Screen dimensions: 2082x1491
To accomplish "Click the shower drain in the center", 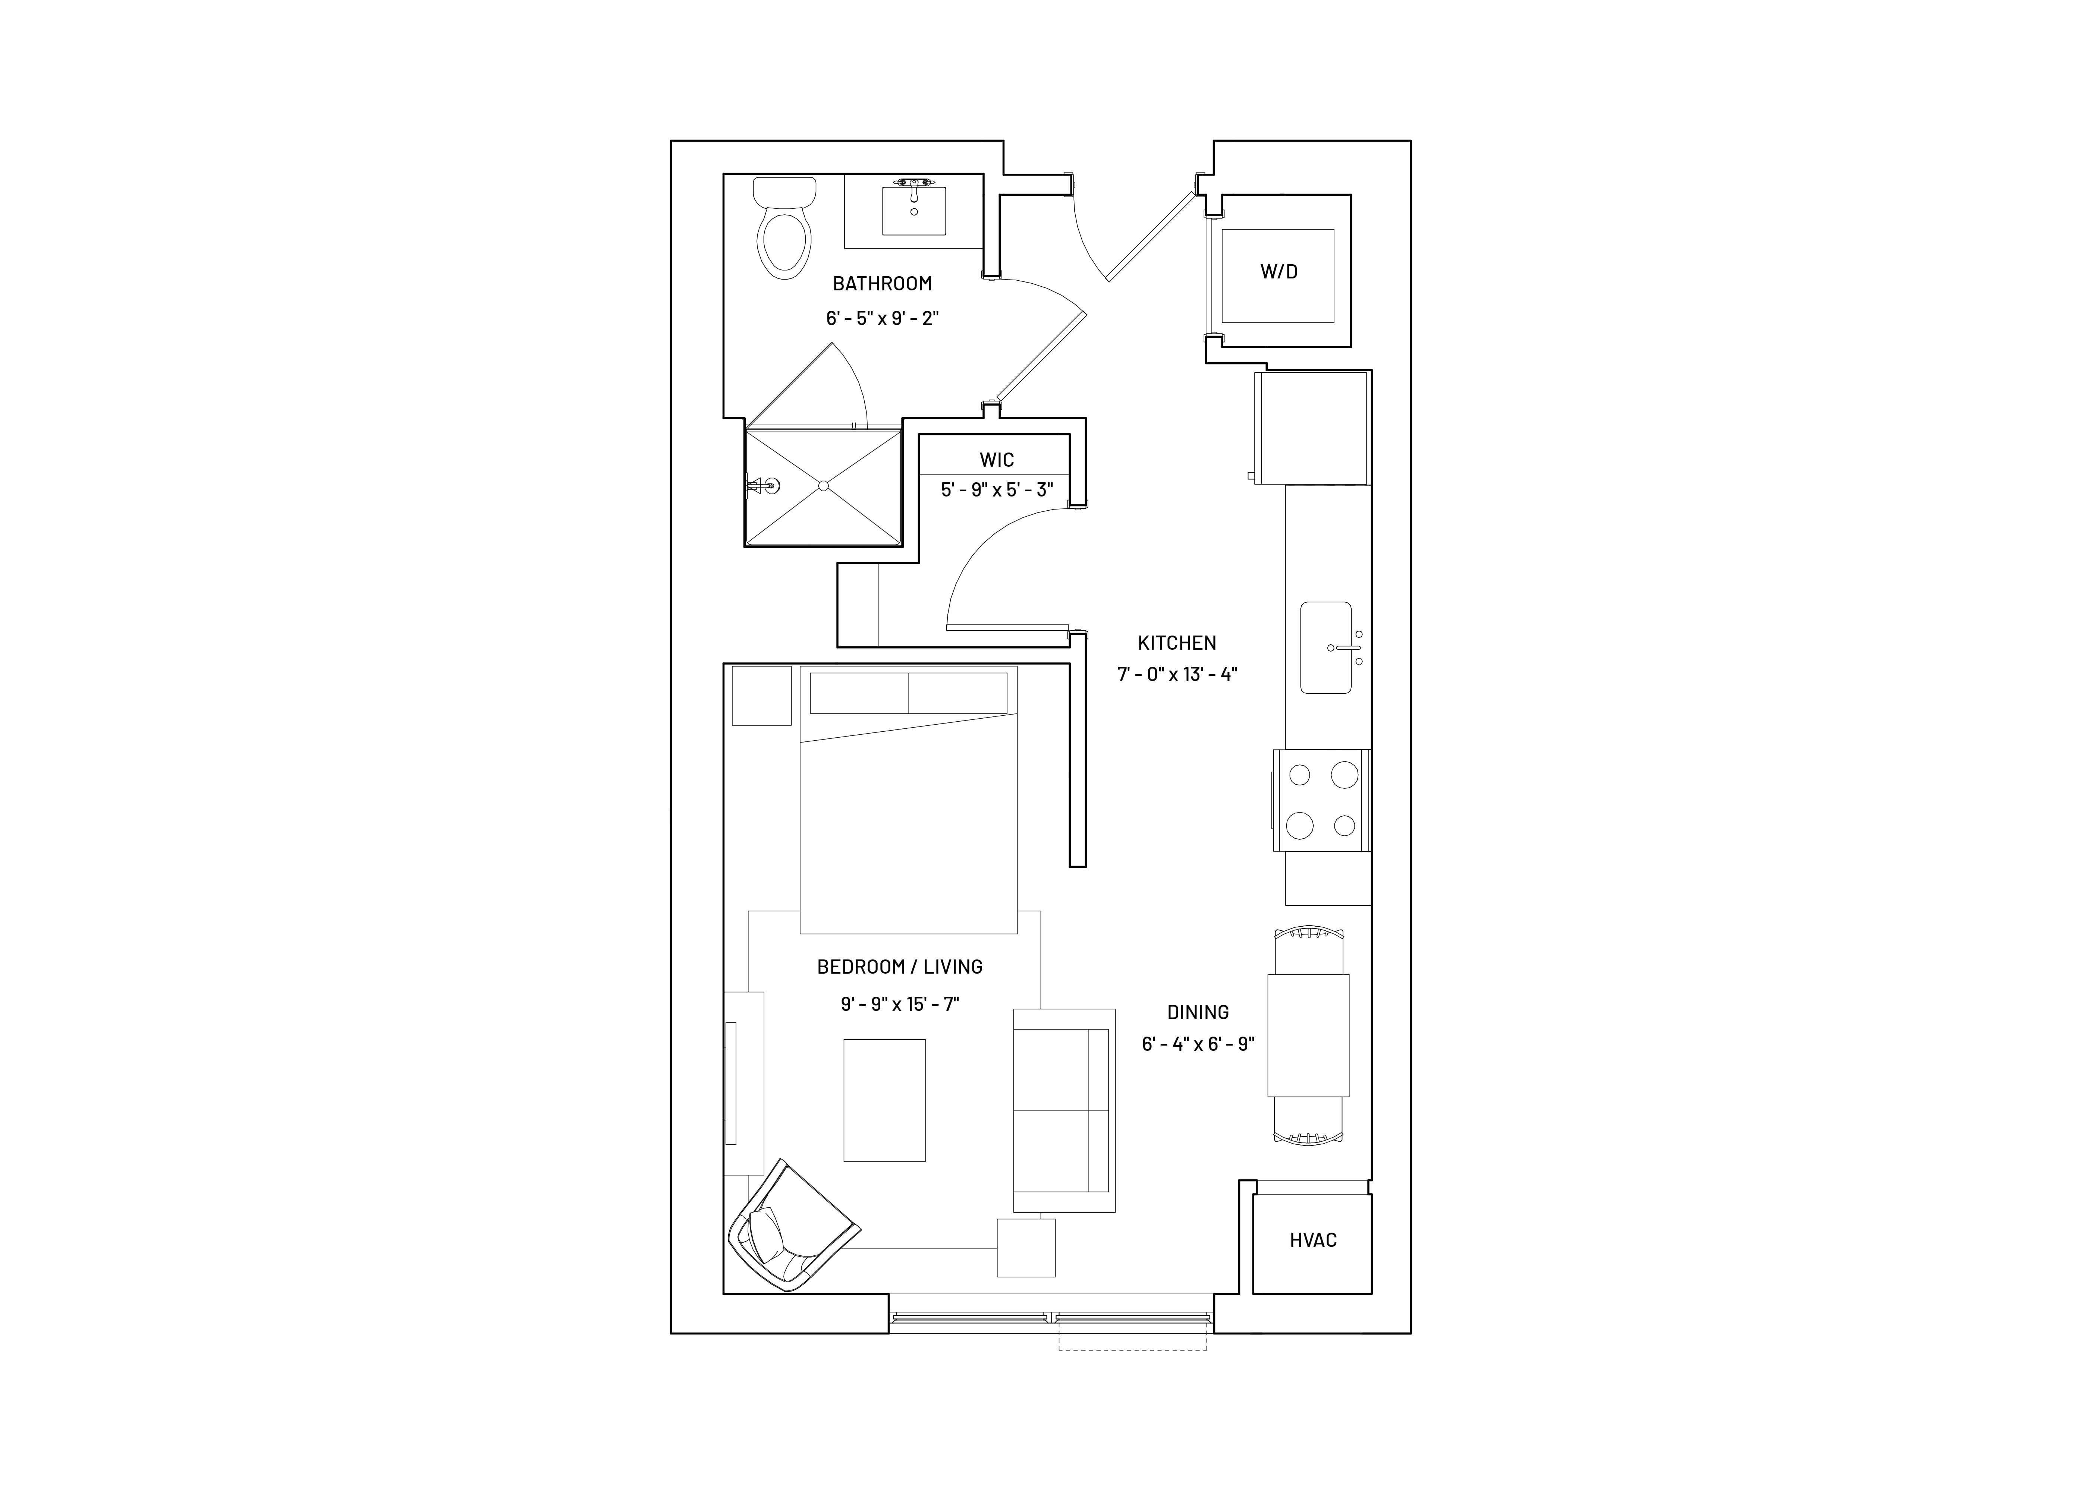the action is point(823,485).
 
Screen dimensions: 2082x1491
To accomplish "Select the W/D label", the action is point(1279,272).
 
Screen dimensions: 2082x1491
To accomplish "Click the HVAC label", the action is point(1313,1241).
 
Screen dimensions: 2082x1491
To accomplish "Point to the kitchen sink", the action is point(1325,648).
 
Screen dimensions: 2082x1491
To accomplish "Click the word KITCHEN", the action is point(1177,643).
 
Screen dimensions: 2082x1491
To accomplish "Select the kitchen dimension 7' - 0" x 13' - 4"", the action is point(1177,674).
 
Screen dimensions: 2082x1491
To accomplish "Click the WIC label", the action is point(997,460).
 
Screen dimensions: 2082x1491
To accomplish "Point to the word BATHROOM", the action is point(882,284).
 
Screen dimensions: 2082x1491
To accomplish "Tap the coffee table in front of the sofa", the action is point(884,1100).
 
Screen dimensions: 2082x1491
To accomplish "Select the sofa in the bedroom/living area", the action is point(1064,1110).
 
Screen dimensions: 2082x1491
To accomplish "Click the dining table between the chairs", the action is point(1308,1035).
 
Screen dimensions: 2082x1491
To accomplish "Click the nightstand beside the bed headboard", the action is point(761,696).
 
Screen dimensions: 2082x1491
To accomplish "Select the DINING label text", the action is point(1198,1012).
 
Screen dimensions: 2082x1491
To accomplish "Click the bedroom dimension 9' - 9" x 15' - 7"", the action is point(900,1004).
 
